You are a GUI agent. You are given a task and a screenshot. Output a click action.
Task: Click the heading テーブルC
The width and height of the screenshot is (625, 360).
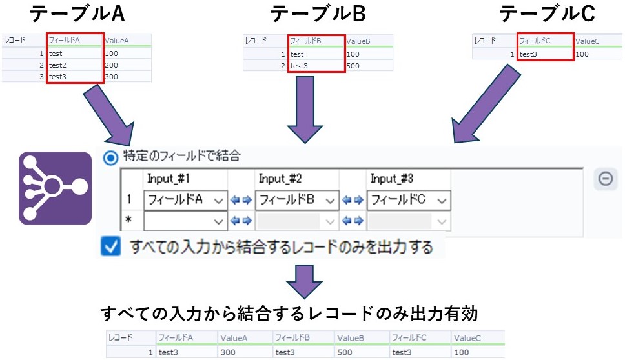(x=548, y=14)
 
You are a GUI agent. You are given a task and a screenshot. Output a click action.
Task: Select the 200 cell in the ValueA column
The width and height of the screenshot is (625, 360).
(x=117, y=65)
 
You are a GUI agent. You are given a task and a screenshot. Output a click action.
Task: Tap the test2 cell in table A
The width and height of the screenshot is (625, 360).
(x=73, y=65)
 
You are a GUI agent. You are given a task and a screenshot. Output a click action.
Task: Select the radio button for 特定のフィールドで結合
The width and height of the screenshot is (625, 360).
(x=110, y=155)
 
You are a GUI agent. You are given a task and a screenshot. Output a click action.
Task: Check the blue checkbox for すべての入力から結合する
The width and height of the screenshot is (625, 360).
(x=111, y=246)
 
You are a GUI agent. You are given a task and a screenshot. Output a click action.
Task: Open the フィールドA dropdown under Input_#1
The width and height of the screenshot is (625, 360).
(x=185, y=200)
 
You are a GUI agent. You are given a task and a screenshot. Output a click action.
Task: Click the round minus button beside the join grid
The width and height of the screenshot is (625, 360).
(x=606, y=179)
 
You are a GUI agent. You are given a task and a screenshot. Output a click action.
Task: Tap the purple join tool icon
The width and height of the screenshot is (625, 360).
(x=56, y=188)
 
